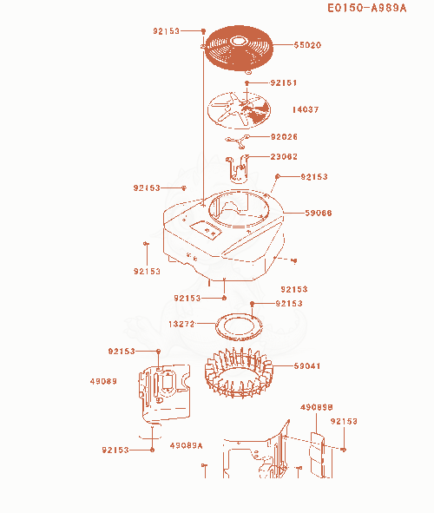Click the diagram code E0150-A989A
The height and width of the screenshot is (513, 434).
click(x=367, y=8)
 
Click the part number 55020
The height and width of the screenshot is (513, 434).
click(x=307, y=45)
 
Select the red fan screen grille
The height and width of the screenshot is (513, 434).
click(x=239, y=48)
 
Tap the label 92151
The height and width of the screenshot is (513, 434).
click(x=284, y=82)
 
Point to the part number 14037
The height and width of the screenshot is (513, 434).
click(x=306, y=109)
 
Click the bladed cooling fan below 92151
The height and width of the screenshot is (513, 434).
click(x=240, y=110)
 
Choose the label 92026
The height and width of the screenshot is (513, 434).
click(x=284, y=137)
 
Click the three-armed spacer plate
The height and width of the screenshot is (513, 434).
click(x=238, y=141)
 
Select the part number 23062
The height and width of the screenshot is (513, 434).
click(x=284, y=157)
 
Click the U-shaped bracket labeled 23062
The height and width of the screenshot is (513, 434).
click(x=237, y=169)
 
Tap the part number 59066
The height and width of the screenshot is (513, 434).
click(x=319, y=213)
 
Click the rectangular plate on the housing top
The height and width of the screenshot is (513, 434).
click(x=206, y=230)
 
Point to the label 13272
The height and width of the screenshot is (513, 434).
click(x=181, y=324)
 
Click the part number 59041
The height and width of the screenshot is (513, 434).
click(x=307, y=365)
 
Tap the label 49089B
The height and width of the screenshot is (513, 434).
click(x=317, y=407)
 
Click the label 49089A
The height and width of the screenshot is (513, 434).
click(x=187, y=445)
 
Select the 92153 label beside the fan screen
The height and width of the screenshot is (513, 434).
click(x=167, y=31)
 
